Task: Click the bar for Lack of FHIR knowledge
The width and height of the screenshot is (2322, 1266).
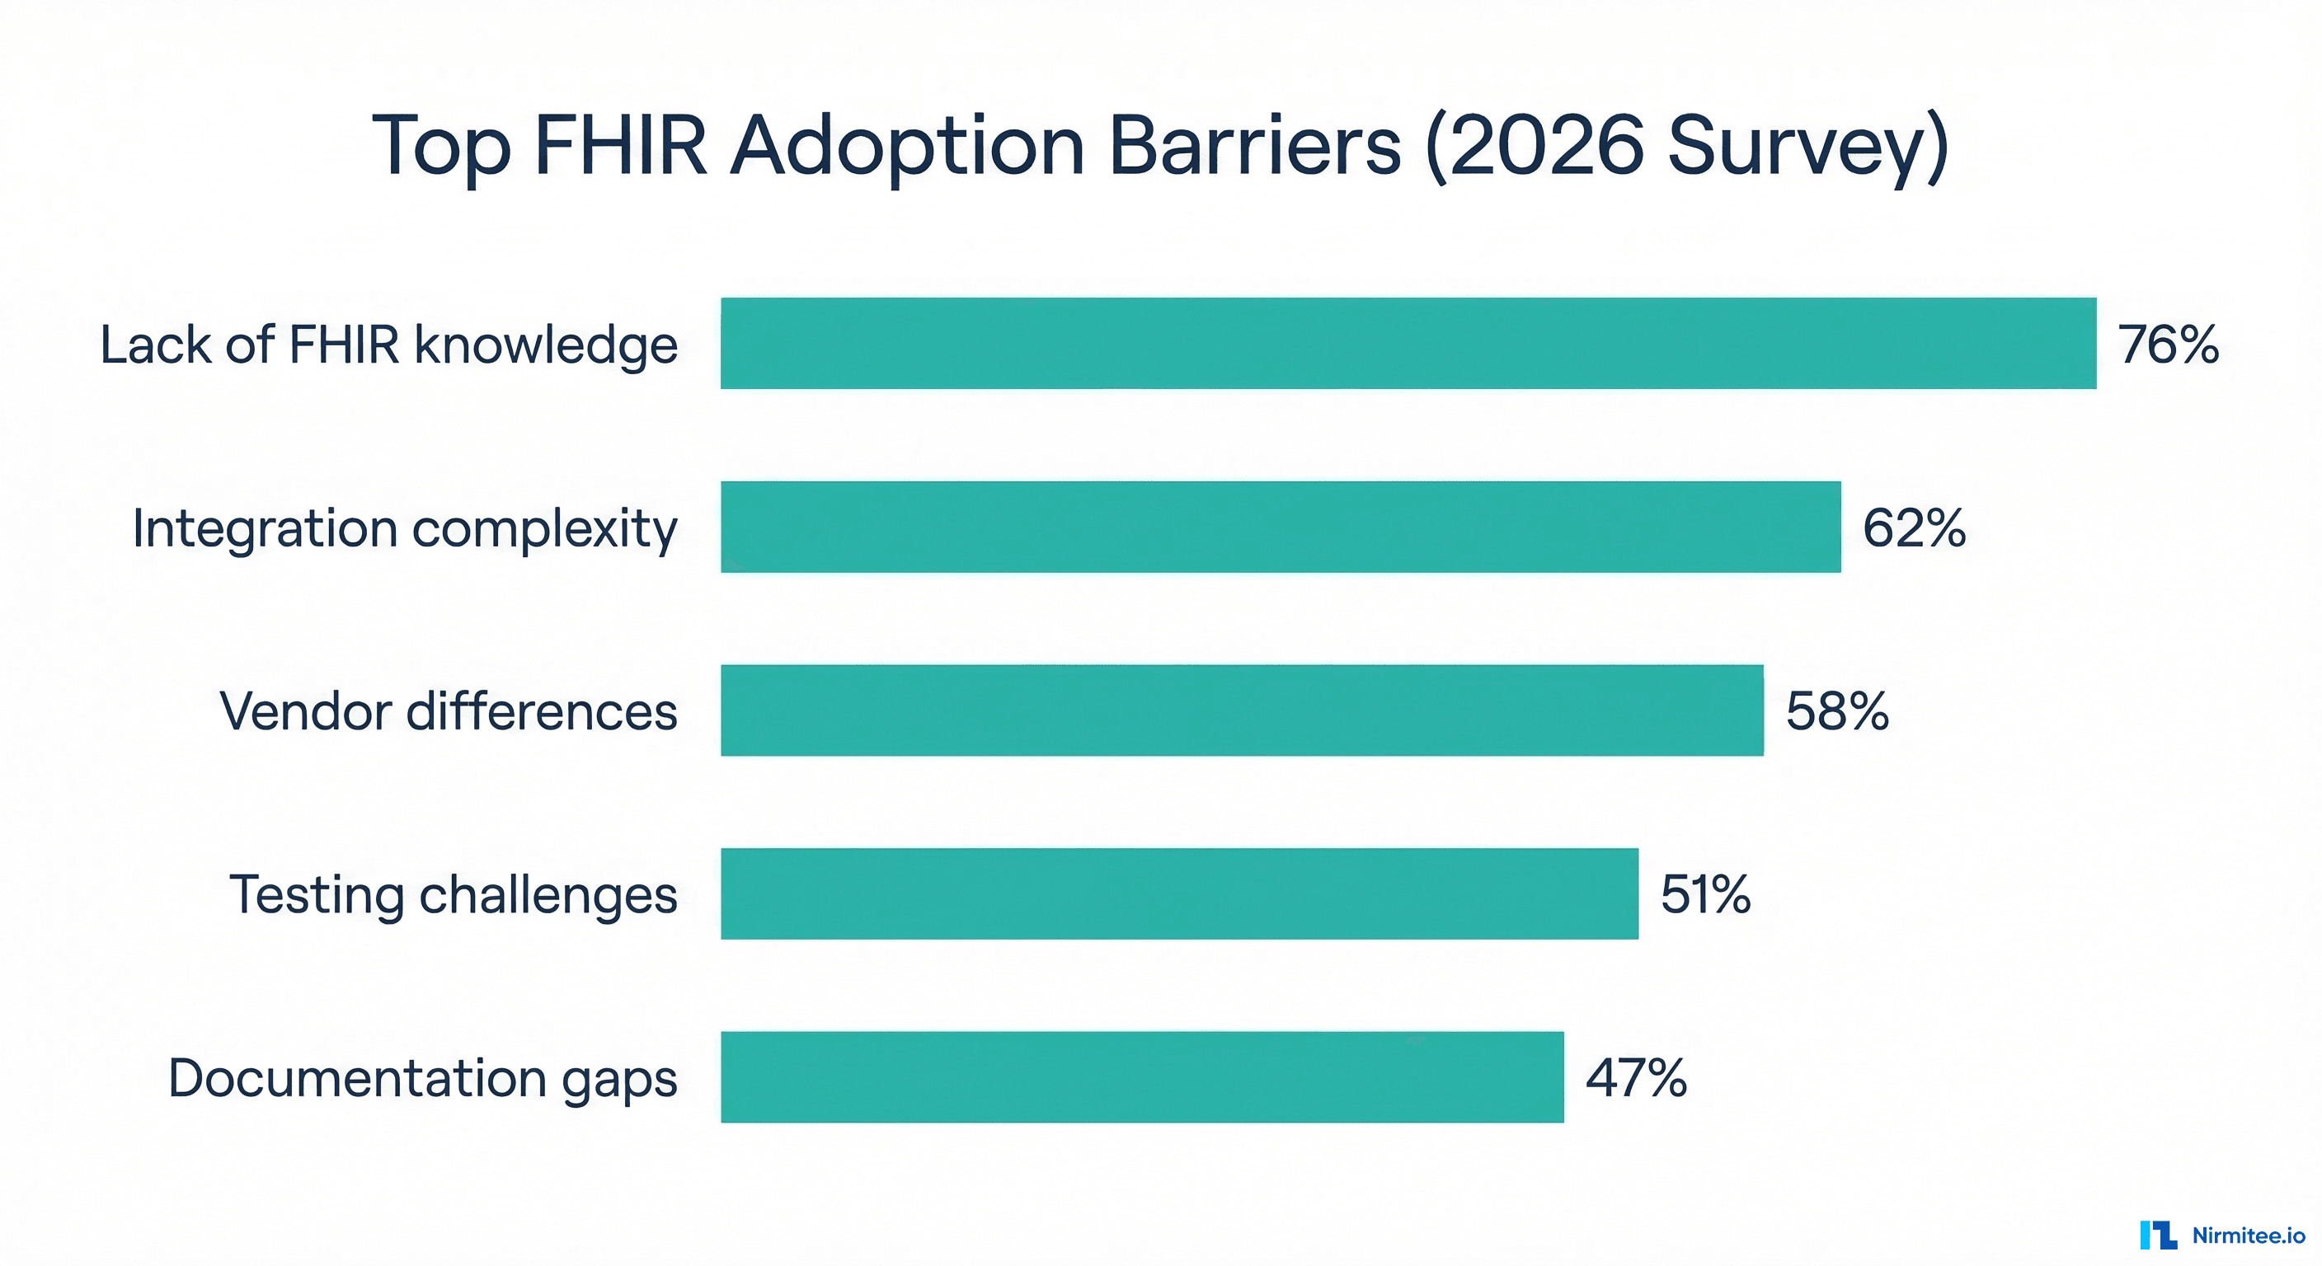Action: point(1408,344)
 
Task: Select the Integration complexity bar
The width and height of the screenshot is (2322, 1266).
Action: point(1280,527)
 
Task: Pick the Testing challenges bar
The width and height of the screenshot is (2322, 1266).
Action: point(1179,893)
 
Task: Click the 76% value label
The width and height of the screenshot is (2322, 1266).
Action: point(2168,345)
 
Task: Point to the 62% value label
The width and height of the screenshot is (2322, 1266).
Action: point(1914,528)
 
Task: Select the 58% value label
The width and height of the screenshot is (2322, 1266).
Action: point(1837,711)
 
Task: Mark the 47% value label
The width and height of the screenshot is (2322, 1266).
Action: point(1636,1078)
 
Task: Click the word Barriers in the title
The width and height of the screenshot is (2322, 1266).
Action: point(1254,146)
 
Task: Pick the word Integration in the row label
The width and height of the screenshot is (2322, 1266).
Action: point(264,530)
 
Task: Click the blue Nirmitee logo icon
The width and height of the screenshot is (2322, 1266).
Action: point(2159,1236)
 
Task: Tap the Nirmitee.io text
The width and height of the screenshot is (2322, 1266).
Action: point(2248,1236)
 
